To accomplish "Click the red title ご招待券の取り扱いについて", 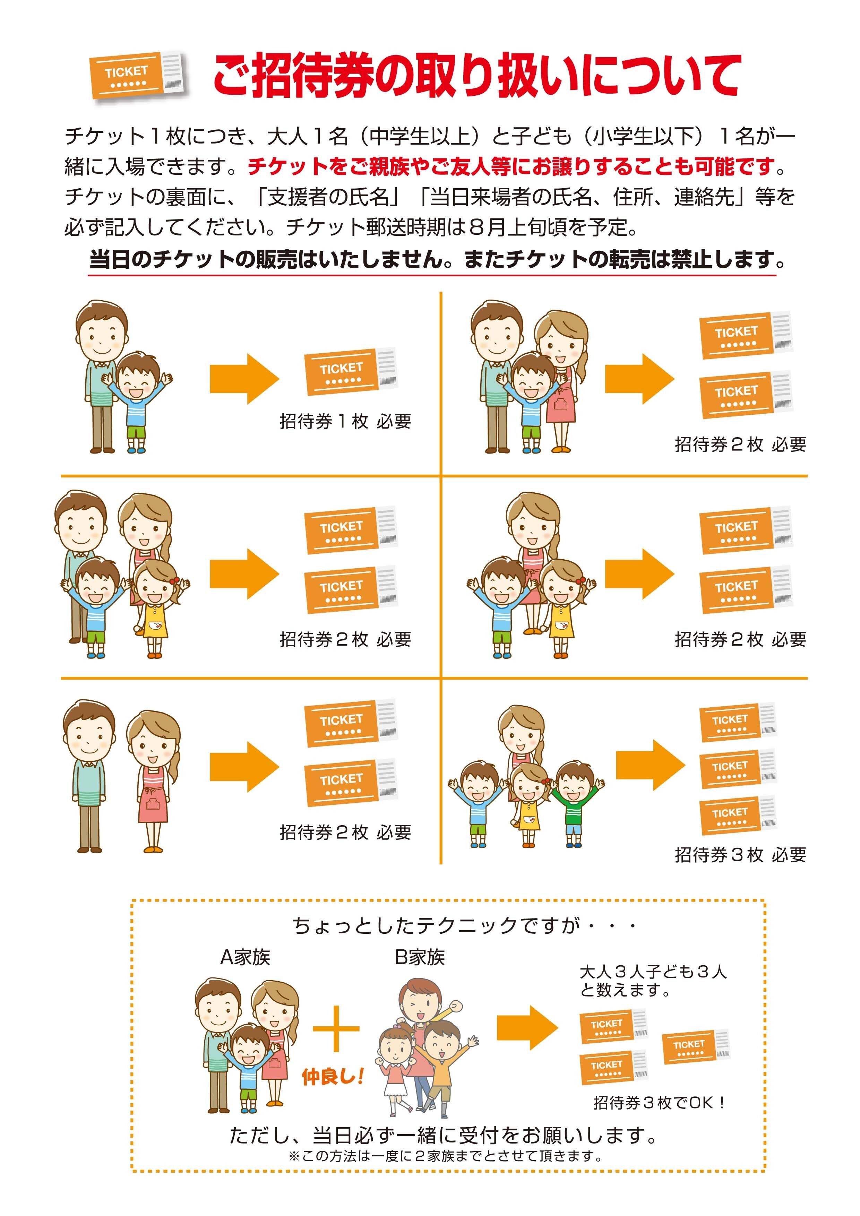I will click(476, 75).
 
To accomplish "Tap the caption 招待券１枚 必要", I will click(345, 422).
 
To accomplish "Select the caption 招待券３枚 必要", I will click(740, 855).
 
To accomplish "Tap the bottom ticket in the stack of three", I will click(737, 813).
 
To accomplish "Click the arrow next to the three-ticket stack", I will click(650, 765).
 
